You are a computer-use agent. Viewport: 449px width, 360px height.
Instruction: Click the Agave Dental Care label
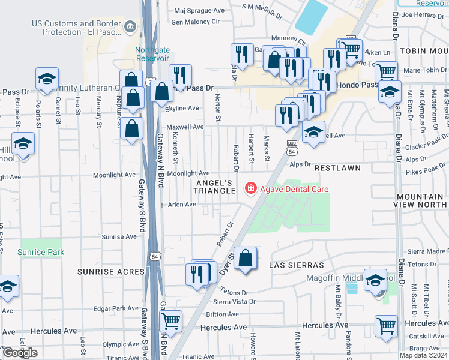click(x=294, y=189)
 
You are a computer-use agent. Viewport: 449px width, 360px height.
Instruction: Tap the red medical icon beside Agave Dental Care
click(x=249, y=189)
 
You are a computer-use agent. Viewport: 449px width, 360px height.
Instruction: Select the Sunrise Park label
click(x=41, y=252)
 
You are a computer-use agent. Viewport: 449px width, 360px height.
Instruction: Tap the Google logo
click(x=20, y=353)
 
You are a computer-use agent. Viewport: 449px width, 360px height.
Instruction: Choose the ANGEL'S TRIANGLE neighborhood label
click(x=214, y=186)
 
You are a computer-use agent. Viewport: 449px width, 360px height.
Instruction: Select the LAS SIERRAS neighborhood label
click(x=297, y=265)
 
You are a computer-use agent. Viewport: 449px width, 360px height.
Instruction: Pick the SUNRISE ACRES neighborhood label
click(x=111, y=271)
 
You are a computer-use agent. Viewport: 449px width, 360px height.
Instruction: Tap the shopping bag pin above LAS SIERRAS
click(x=246, y=259)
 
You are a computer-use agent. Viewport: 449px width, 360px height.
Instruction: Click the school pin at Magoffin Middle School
click(x=375, y=281)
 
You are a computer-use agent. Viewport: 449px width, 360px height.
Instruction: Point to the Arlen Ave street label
click(x=182, y=205)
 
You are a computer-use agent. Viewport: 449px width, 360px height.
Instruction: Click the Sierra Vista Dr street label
click(x=231, y=302)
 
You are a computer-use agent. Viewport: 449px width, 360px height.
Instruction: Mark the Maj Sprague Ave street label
click(x=198, y=11)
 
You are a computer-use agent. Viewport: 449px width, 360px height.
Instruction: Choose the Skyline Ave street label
click(x=182, y=108)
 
